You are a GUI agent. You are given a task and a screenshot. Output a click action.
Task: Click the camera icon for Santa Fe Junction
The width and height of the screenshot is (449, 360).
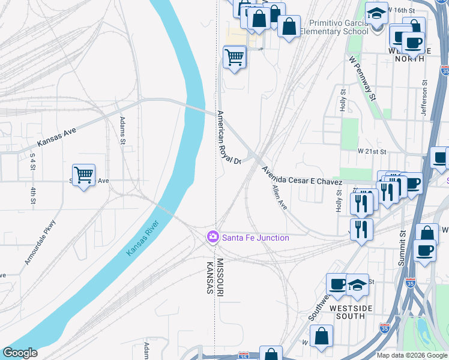pyautogui.click(x=212, y=238)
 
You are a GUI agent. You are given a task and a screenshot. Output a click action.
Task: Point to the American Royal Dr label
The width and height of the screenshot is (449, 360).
pyautogui.click(x=229, y=137)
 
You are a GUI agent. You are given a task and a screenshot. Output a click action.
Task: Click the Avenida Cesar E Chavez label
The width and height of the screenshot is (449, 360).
pyautogui.click(x=301, y=174)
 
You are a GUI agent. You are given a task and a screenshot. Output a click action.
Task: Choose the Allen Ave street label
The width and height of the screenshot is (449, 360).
pyautogui.click(x=279, y=197)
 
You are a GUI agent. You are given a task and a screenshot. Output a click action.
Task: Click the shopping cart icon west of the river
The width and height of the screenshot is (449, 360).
pyautogui.click(x=83, y=175)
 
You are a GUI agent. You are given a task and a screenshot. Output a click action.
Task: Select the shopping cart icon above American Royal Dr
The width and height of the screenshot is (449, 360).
pyautogui.click(x=234, y=58)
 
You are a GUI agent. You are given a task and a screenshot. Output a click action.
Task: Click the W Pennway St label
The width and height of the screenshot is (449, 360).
pyautogui.click(x=361, y=78)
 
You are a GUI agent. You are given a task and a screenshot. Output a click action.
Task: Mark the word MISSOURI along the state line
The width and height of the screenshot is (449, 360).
pyautogui.click(x=220, y=277)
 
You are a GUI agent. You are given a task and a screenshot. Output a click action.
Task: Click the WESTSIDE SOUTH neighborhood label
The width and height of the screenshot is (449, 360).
pyautogui.click(x=356, y=312)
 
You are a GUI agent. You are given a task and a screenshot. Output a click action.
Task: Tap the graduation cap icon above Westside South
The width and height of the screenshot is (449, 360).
pyautogui.click(x=357, y=284)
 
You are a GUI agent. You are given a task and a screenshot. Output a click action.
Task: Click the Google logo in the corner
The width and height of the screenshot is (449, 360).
pyautogui.click(x=20, y=353)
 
